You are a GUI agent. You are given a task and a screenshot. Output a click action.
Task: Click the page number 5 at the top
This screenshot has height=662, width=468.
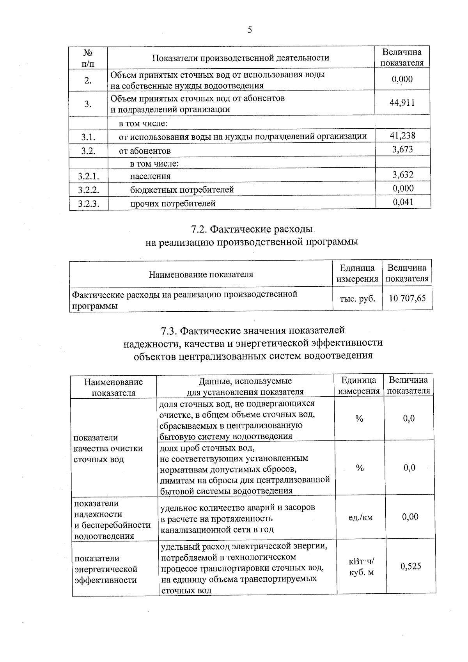(x=250, y=30)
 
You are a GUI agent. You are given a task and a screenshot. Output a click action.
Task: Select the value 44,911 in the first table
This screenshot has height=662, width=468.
(x=402, y=103)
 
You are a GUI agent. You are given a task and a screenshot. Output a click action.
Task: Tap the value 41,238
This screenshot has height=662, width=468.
(x=402, y=136)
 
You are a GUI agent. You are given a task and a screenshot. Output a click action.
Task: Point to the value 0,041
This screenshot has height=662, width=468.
(x=403, y=202)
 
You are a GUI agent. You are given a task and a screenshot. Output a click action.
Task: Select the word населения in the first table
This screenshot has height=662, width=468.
(x=150, y=176)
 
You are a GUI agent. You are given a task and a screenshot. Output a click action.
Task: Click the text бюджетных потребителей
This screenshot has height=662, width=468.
(x=182, y=190)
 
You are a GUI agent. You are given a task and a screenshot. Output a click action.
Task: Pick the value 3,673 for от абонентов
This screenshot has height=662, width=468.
(x=402, y=149)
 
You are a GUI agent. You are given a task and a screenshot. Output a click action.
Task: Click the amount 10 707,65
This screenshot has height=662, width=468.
(x=407, y=299)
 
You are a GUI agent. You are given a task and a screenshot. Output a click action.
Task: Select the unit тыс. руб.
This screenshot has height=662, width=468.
(x=358, y=299)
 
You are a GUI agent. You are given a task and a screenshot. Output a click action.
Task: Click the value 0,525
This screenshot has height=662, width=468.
(x=411, y=566)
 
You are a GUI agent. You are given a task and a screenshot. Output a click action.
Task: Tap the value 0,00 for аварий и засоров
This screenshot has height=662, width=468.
(x=410, y=517)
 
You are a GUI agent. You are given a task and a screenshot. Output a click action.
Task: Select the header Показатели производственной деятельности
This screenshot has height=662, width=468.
(x=240, y=58)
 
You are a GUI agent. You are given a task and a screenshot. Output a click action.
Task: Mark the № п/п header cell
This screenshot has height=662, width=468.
(x=88, y=58)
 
